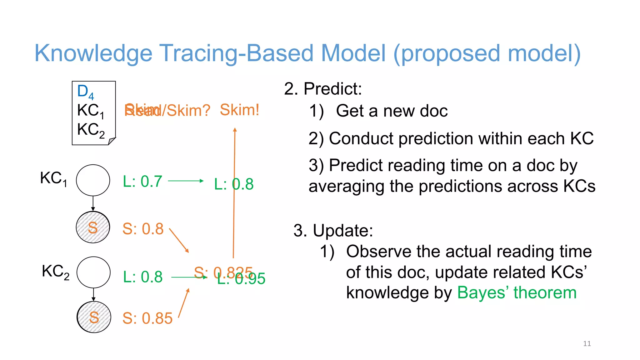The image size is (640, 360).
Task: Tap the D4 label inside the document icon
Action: click(85, 92)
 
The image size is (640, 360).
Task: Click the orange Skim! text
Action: click(239, 110)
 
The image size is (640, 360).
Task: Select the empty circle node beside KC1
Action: click(93, 180)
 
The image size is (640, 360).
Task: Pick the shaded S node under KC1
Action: click(93, 227)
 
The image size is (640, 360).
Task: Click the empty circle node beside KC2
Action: click(93, 272)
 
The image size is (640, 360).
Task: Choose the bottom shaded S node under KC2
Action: click(94, 317)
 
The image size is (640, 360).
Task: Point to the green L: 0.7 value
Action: click(142, 181)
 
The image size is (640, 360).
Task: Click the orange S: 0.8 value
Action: click(143, 229)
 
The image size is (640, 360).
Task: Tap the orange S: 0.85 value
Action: click(147, 318)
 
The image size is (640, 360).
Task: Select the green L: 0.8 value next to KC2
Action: click(143, 277)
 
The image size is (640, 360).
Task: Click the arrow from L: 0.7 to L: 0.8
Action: click(186, 181)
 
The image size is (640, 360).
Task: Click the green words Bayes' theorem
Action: click(517, 293)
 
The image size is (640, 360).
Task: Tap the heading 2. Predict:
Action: click(323, 89)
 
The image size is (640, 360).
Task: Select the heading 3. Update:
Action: click(333, 231)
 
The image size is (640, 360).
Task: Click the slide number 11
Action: click(587, 343)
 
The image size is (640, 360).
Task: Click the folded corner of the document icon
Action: click(112, 141)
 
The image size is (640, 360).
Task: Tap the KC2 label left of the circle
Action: click(55, 272)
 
